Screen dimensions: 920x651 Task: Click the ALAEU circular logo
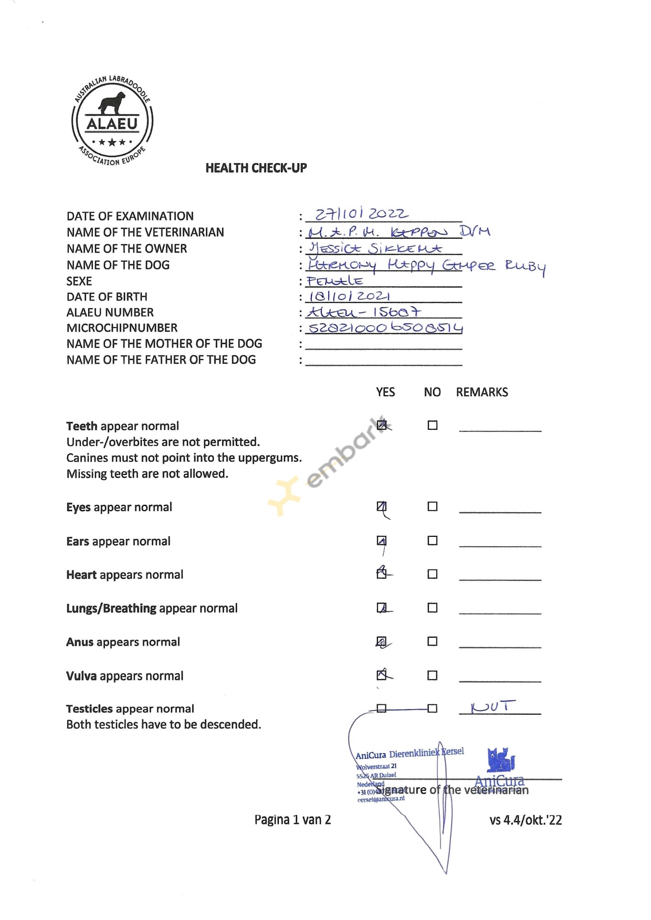[112, 121]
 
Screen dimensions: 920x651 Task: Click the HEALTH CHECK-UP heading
[256, 168]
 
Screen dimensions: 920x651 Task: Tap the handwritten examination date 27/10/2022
[361, 214]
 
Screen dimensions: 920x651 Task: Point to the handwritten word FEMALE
[335, 281]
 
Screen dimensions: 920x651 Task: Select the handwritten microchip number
[385, 328]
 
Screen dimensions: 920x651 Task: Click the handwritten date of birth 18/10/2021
[349, 296]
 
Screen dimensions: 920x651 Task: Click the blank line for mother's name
[383, 345]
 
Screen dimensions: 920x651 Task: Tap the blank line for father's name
[383, 361]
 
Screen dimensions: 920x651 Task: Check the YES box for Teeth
[382, 425]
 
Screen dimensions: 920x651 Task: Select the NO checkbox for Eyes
[432, 506]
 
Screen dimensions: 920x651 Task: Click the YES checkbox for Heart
[382, 574]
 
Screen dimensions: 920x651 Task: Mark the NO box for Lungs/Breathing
[432, 608]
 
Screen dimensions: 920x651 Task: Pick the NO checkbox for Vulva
[432, 675]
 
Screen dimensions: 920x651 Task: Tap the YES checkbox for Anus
[382, 641]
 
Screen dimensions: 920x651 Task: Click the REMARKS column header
[481, 393]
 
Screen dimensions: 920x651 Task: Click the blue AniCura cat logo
[501, 760]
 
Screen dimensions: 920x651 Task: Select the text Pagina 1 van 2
[292, 820]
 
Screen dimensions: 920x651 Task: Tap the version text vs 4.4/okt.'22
[525, 820]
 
